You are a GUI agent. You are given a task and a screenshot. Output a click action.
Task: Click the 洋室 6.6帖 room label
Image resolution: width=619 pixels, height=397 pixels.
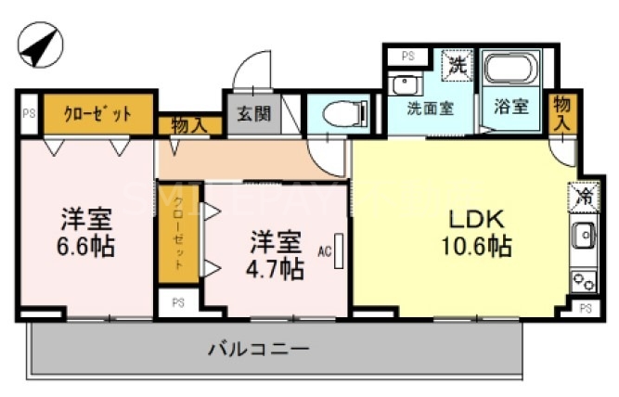click(87, 233)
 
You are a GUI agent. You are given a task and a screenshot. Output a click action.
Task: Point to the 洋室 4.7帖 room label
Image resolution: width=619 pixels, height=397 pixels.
click(276, 255)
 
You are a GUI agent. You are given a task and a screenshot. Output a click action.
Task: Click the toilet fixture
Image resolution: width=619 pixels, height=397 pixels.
click(339, 114)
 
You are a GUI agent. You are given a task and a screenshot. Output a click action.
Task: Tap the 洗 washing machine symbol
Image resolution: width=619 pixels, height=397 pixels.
click(458, 65)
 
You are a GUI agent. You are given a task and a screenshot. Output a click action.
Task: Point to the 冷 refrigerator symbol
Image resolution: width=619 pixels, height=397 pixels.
click(583, 197)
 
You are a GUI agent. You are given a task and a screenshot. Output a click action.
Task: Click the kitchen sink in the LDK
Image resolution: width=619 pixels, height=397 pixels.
click(584, 237)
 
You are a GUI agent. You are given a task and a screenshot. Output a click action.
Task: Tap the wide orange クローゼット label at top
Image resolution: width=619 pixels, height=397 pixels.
click(97, 114)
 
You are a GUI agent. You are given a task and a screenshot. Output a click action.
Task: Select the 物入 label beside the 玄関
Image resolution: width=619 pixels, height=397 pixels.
click(189, 124)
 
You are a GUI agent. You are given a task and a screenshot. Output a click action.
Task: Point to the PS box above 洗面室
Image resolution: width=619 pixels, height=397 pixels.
click(407, 56)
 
